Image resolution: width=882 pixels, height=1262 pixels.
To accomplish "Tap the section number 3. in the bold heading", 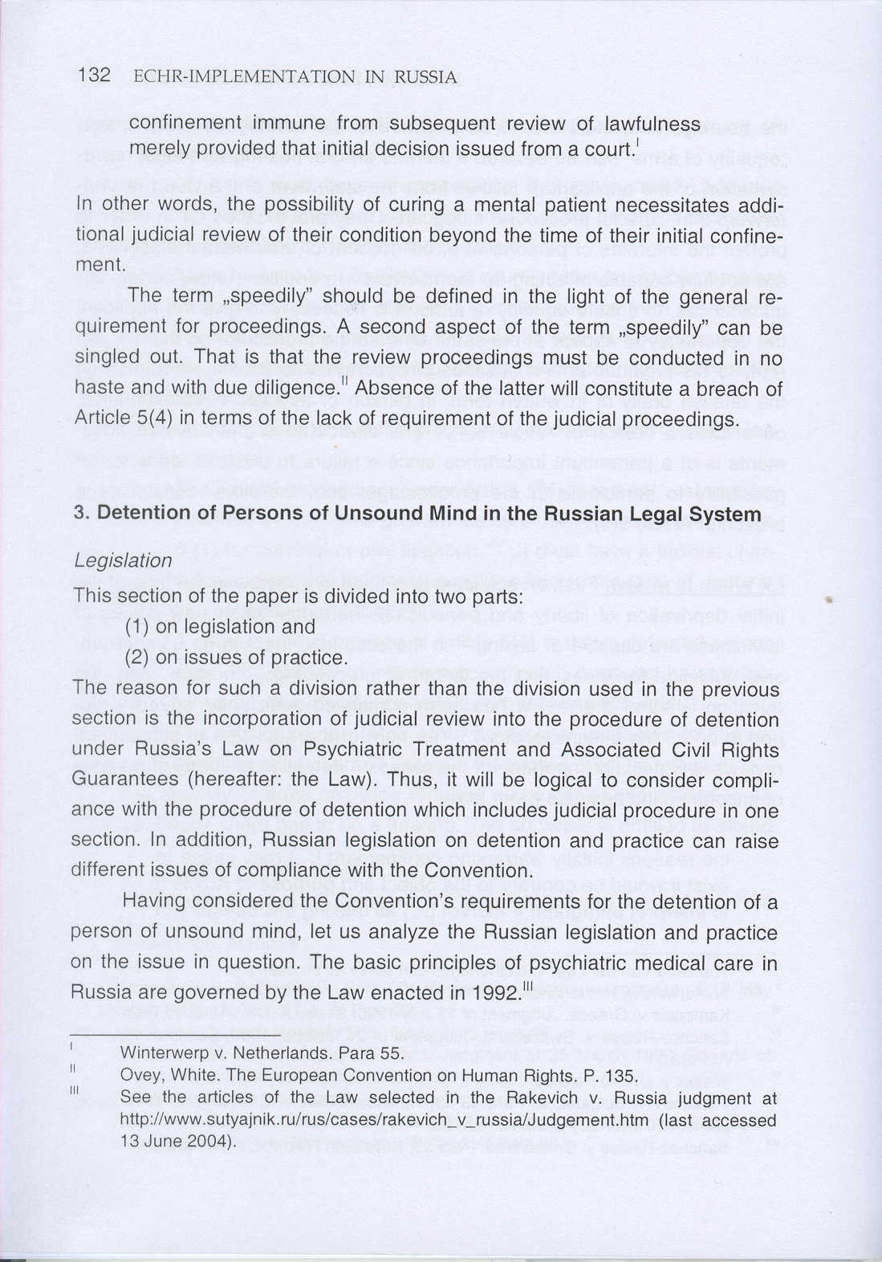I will (80, 513).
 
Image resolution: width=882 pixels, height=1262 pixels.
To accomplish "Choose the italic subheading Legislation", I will (122, 560).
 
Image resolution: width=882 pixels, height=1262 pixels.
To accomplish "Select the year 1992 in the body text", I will (496, 992).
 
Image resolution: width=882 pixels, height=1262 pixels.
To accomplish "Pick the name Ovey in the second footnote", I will (137, 1076).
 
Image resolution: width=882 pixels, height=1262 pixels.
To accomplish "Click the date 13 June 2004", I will (177, 1141).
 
